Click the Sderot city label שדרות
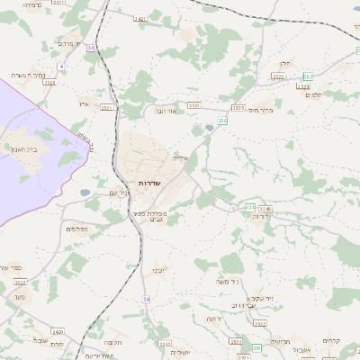click(x=148, y=183)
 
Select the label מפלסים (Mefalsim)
click(x=77, y=229)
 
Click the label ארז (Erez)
click(x=84, y=104)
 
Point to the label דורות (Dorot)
click(x=262, y=217)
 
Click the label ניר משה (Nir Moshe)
click(x=227, y=283)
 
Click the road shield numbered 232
click(x=222, y=119)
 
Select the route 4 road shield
click(x=61, y=66)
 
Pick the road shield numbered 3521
click(x=108, y=107)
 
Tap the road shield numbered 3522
click(x=279, y=78)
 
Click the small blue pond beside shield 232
click(x=210, y=128)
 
